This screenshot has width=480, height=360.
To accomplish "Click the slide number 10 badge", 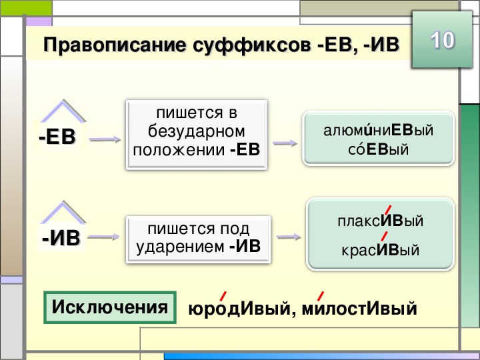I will point(441,41).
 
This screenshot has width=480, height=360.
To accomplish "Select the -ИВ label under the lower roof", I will point(61,237).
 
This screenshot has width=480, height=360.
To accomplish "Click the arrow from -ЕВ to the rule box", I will point(105,140).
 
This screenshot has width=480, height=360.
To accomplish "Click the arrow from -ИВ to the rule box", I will point(106,237).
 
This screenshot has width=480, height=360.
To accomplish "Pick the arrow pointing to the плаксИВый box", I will point(287,237).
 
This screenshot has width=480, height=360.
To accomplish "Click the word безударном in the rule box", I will point(197,130).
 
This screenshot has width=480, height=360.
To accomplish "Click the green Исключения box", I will point(109,307).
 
